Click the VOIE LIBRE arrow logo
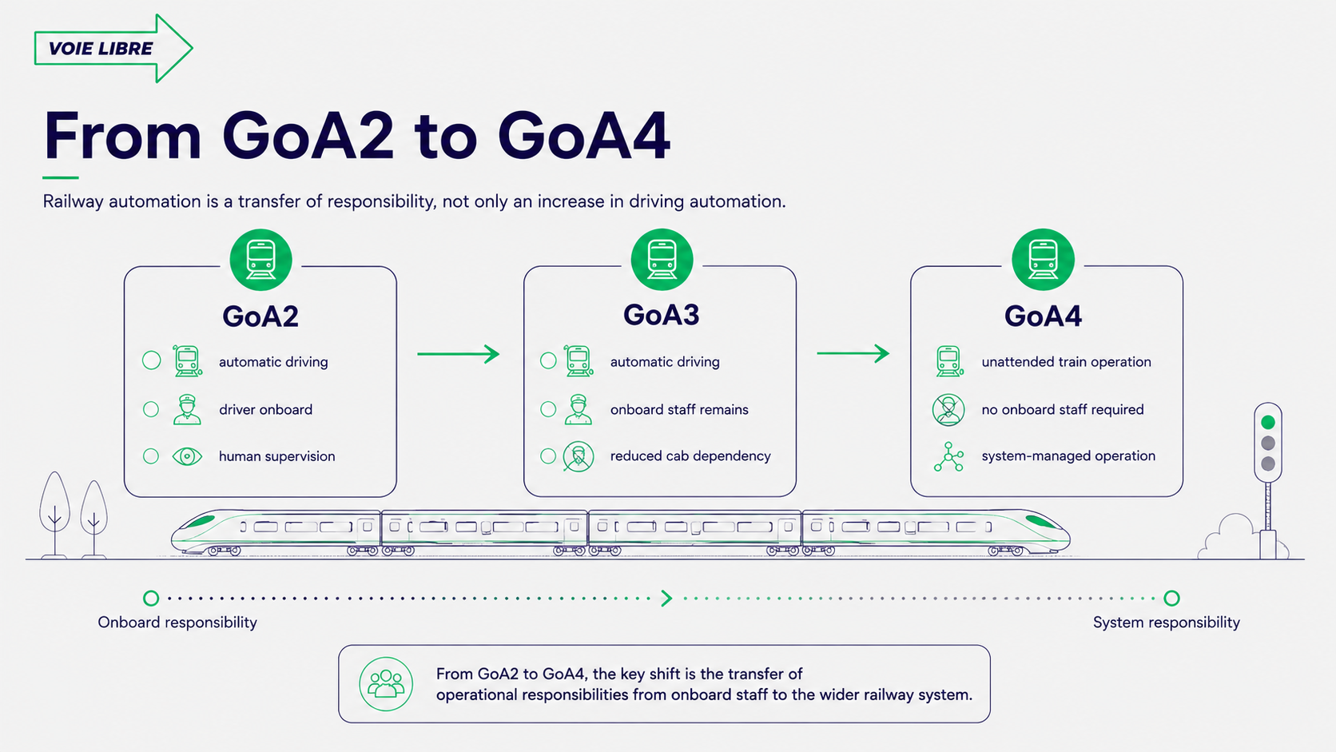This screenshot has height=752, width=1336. tap(113, 48)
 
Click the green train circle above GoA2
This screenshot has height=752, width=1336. tap(260, 260)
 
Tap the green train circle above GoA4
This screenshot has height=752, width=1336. tap(1044, 260)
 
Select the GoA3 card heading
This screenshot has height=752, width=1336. tap(661, 315)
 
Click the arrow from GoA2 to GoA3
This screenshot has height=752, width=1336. tap(458, 354)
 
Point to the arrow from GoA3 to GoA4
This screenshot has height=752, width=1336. tap(853, 354)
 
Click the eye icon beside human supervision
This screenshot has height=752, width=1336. tap(187, 457)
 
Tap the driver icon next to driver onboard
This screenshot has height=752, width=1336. tap(187, 410)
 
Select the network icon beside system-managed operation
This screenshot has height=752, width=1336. tap(948, 457)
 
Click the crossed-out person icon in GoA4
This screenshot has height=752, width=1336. tap(948, 410)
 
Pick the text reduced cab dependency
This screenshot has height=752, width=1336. tap(690, 456)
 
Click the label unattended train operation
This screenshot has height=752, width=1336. tap(1067, 362)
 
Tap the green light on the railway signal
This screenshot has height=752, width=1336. tap(1268, 422)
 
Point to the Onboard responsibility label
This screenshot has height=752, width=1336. tap(177, 623)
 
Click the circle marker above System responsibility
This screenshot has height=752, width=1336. tap(1171, 598)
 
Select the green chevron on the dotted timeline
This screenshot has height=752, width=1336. tap(667, 598)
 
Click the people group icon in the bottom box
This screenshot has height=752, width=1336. tap(386, 684)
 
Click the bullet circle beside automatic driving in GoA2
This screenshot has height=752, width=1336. tap(152, 360)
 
